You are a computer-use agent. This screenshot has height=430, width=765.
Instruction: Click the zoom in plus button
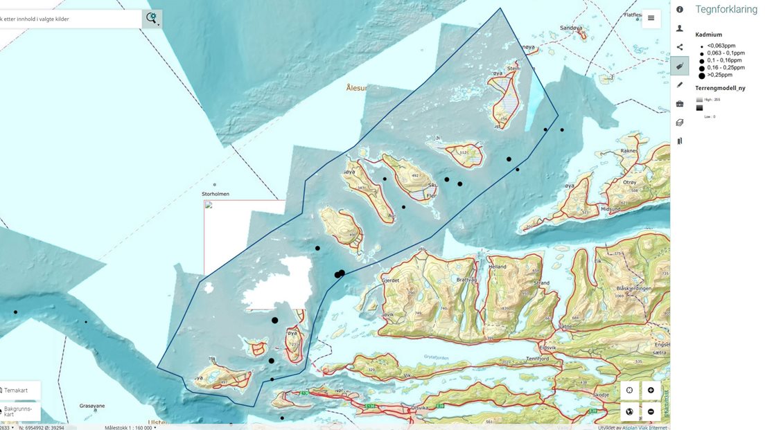[651, 391]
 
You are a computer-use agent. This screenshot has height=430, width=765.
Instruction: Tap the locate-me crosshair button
[629, 391]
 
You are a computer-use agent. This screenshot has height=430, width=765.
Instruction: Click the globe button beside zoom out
[629, 412]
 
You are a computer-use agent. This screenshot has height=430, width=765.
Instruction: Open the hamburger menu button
[651, 18]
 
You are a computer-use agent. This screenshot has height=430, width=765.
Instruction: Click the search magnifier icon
[151, 18]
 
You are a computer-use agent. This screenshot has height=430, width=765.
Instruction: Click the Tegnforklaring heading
[726, 10]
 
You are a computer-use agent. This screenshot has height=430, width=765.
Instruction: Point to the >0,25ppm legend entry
[719, 75]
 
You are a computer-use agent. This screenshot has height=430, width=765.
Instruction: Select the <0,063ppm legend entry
[721, 46]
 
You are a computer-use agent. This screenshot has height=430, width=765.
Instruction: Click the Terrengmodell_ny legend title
[720, 88]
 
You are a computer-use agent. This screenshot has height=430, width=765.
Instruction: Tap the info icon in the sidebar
[680, 10]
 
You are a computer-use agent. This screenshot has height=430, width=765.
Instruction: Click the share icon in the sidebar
[680, 47]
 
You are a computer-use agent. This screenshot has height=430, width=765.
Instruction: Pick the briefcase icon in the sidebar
[680, 104]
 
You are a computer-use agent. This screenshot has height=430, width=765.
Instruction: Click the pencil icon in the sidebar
[680, 84]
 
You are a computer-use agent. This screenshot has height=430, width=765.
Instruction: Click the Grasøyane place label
[92, 406]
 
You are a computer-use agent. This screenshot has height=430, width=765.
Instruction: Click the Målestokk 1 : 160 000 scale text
[129, 427]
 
